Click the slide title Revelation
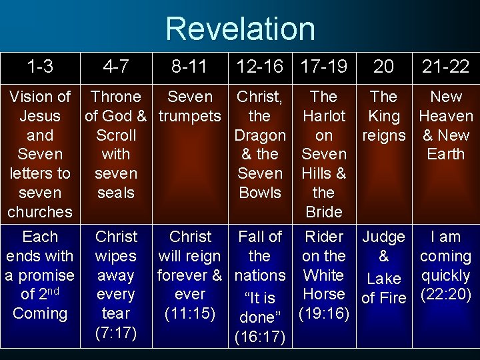click(240, 29)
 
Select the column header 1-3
click(39, 67)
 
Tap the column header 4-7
click(116, 67)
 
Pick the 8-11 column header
click(190, 67)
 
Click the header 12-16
click(259, 67)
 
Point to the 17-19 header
click(323, 67)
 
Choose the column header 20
click(383, 67)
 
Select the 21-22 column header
click(445, 67)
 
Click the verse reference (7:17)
click(116, 332)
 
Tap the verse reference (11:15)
click(190, 313)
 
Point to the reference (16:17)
click(259, 338)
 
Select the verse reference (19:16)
click(323, 313)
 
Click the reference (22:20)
click(445, 294)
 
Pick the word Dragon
click(259, 135)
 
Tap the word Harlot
click(323, 116)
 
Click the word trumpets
click(190, 116)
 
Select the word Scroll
click(116, 135)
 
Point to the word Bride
click(323, 212)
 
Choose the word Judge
click(383, 237)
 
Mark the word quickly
click(445, 275)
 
